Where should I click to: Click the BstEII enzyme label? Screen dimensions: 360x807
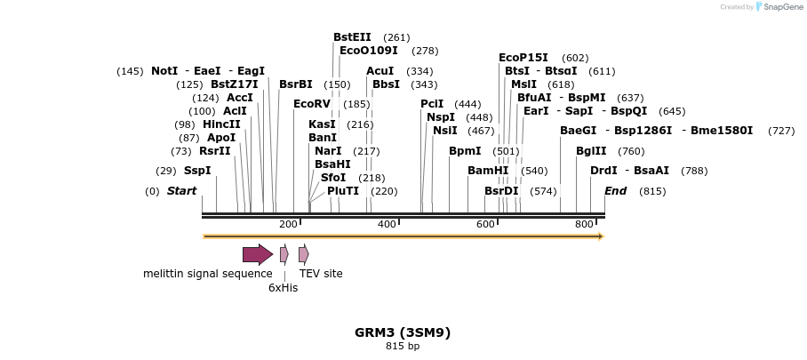tap(353, 37)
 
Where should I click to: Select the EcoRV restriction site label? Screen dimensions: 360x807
tap(312, 104)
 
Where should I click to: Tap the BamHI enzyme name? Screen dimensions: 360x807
tap(488, 171)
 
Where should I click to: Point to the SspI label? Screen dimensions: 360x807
tap(197, 171)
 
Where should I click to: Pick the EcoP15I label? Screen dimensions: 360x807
tap(523, 58)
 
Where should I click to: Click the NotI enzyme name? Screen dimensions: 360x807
tap(164, 71)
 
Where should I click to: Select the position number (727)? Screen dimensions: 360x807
tap(781, 131)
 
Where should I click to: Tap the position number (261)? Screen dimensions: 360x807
tap(396, 37)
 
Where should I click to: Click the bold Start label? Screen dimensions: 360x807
tap(181, 191)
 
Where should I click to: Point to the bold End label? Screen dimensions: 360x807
tap(615, 191)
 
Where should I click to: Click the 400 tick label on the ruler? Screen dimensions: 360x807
tap(387, 224)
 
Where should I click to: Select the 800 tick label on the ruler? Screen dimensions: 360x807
tap(584, 224)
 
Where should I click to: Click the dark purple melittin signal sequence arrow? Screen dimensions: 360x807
tap(258, 255)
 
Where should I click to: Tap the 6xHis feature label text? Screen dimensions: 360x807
tap(284, 287)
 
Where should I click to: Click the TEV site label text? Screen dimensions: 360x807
tap(321, 274)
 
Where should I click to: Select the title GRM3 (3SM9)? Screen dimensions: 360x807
tap(403, 332)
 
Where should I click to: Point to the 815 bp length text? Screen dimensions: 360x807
tap(403, 347)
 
